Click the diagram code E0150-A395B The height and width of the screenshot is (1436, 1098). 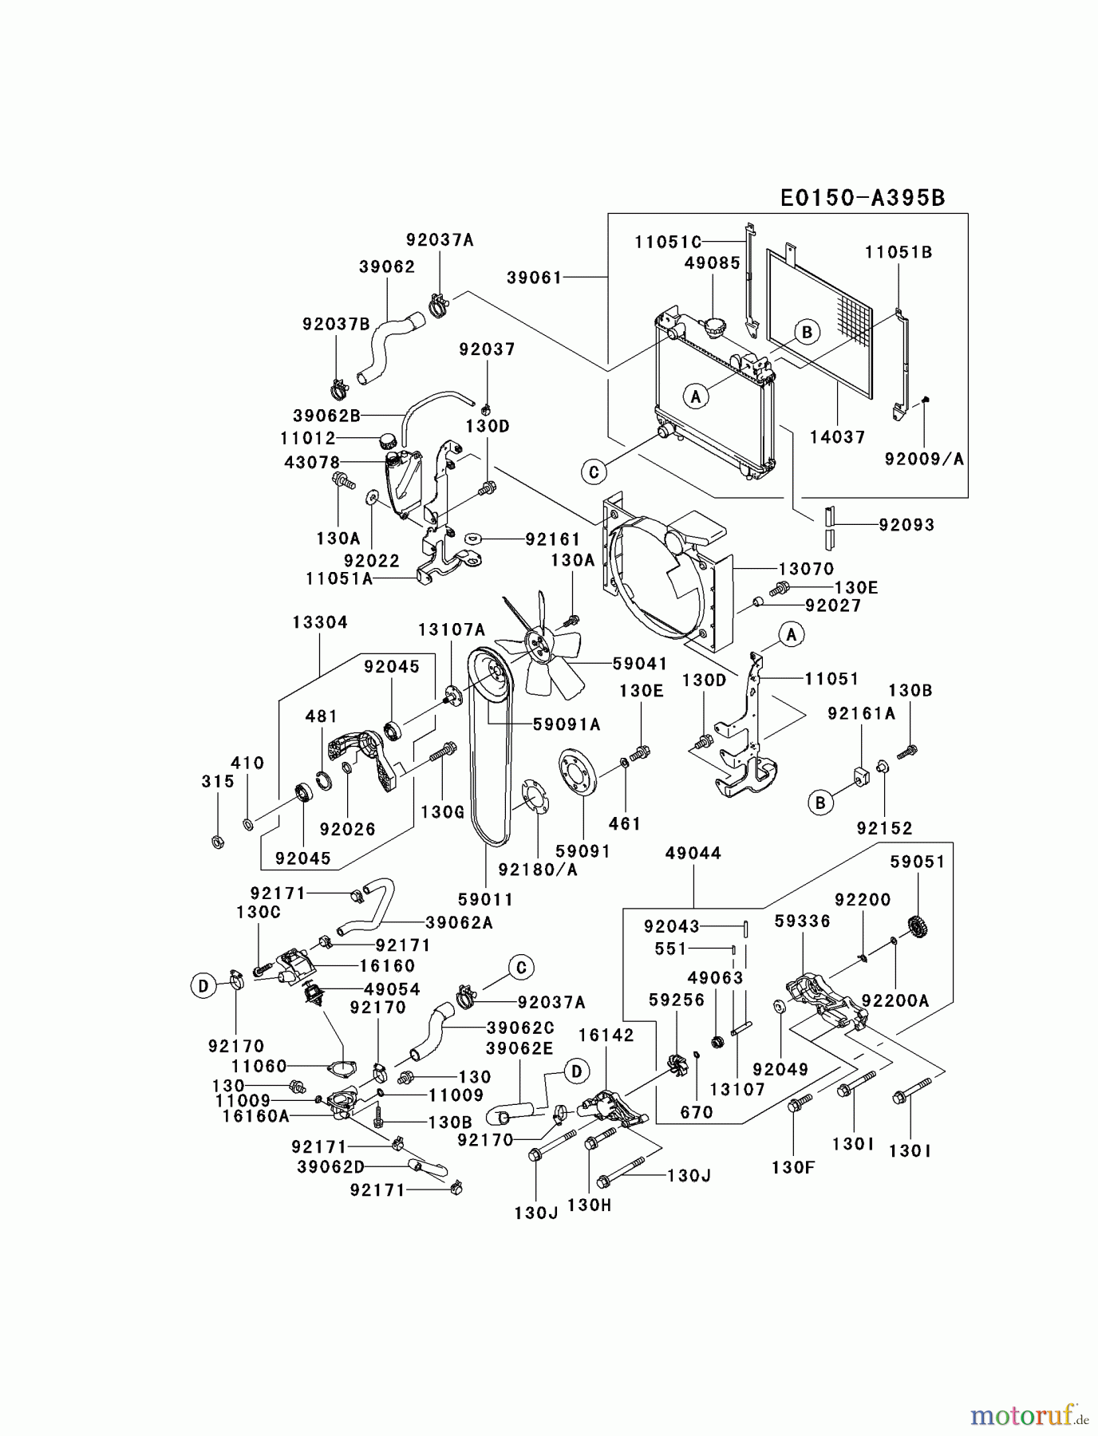click(x=863, y=198)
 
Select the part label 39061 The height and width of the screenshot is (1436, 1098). click(x=534, y=277)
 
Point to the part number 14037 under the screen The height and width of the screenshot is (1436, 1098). click(x=837, y=436)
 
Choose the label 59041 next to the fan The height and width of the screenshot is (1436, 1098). click(x=640, y=663)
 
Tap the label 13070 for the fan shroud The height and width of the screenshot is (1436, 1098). click(x=806, y=569)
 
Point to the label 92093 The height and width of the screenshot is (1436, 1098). click(x=906, y=524)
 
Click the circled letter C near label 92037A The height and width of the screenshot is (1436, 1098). click(x=521, y=969)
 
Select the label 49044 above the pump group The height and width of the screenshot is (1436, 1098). click(x=693, y=853)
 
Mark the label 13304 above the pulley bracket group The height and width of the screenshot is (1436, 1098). click(x=320, y=622)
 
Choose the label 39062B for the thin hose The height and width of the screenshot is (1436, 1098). click(x=326, y=415)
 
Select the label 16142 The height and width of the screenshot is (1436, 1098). click(x=606, y=1035)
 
